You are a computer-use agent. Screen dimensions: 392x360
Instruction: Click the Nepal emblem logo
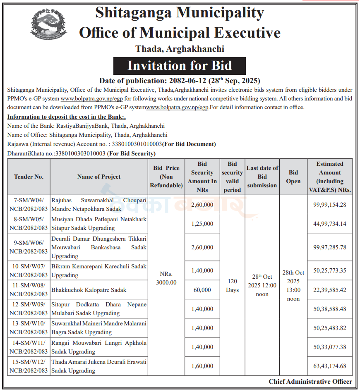[x=48, y=24]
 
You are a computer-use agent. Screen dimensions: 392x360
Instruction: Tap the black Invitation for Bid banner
[x=180, y=66]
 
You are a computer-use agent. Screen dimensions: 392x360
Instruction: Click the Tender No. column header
[x=29, y=177]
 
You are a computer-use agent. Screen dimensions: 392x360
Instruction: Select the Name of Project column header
[x=99, y=177]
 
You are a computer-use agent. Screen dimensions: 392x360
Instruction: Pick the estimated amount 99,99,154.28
[x=330, y=205]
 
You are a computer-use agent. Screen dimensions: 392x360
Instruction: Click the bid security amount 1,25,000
[x=202, y=224]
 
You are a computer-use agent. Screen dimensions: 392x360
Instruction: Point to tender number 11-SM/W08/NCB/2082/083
[x=29, y=290]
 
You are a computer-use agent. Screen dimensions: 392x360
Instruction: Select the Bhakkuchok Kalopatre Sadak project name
[x=89, y=290]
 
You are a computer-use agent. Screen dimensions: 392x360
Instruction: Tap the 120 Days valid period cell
[x=232, y=285]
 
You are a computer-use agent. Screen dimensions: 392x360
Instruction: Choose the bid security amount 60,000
[x=202, y=290]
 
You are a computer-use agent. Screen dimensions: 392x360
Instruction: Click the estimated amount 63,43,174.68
[x=330, y=366]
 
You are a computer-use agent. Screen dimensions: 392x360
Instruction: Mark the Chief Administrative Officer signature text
[x=310, y=382]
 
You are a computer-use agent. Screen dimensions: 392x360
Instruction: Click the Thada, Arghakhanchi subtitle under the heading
[x=180, y=49]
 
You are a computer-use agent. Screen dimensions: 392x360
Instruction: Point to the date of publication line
[x=180, y=81]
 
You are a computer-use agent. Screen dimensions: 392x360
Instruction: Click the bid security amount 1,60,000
[x=202, y=366]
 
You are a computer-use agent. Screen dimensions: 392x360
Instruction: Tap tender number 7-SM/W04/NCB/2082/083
[x=29, y=205]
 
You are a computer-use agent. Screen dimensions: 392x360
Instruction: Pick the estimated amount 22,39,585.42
[x=330, y=290]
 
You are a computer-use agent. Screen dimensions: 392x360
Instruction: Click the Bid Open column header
[x=293, y=177]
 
